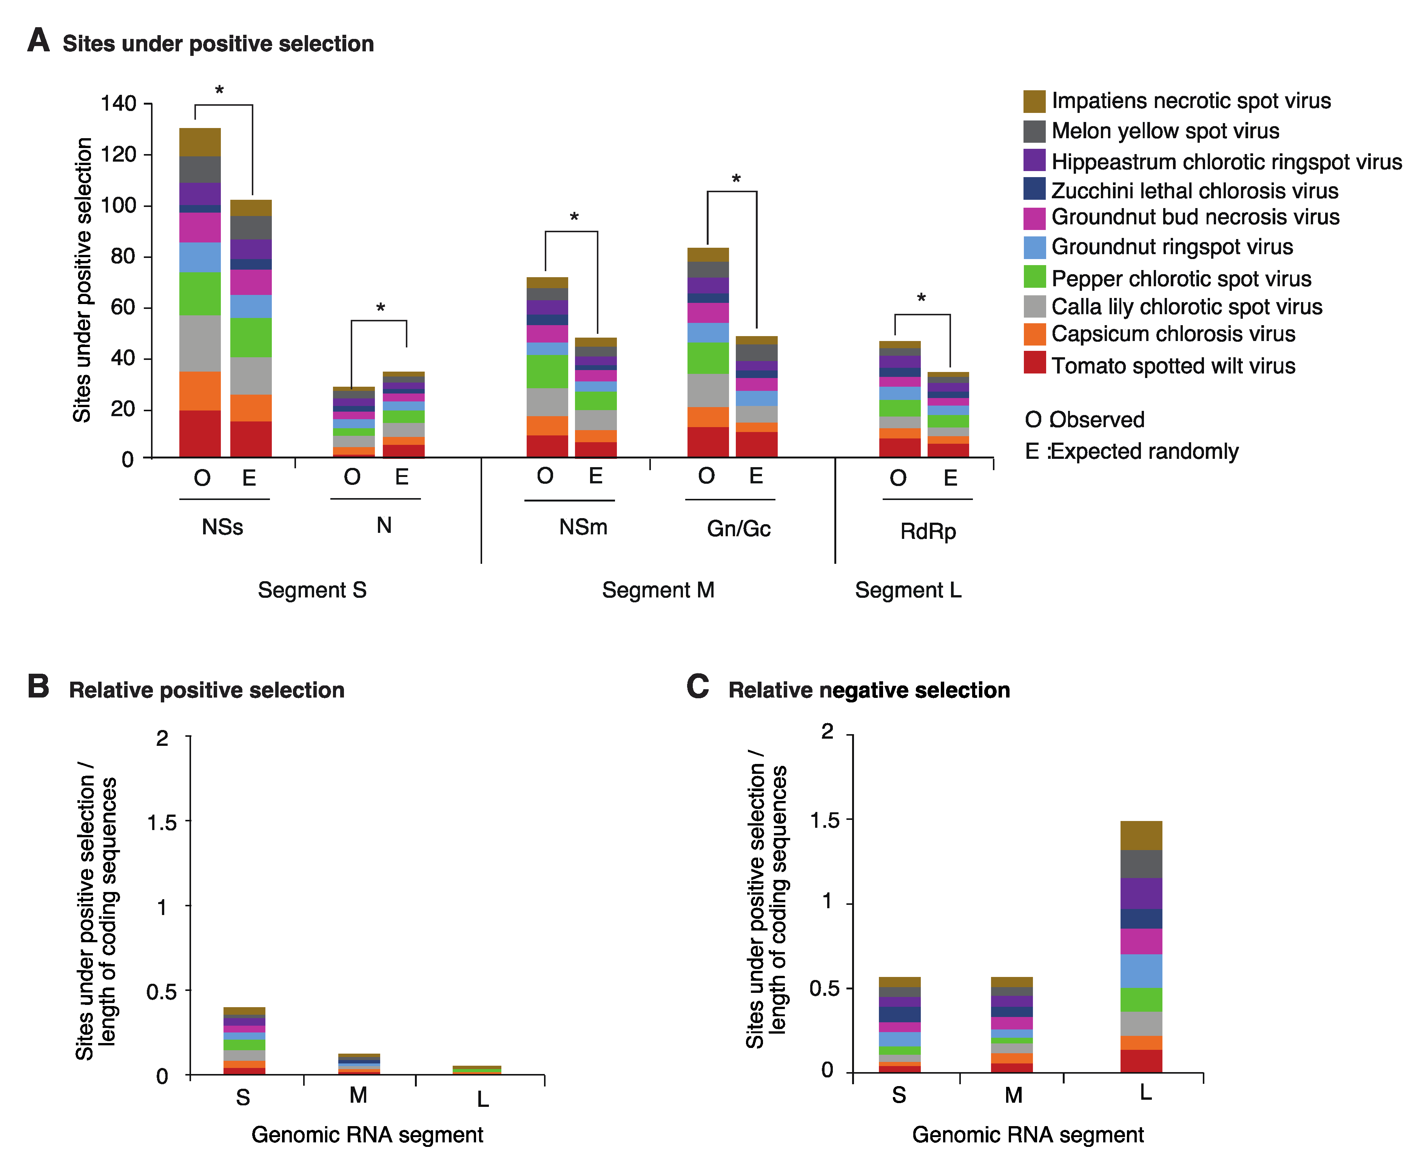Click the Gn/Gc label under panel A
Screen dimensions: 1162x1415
point(738,529)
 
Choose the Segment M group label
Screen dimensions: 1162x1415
point(658,590)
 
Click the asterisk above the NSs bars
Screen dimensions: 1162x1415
point(219,90)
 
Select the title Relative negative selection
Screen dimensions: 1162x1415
point(868,690)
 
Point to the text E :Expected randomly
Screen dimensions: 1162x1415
point(1131,451)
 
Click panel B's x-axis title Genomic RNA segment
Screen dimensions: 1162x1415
point(367,1134)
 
